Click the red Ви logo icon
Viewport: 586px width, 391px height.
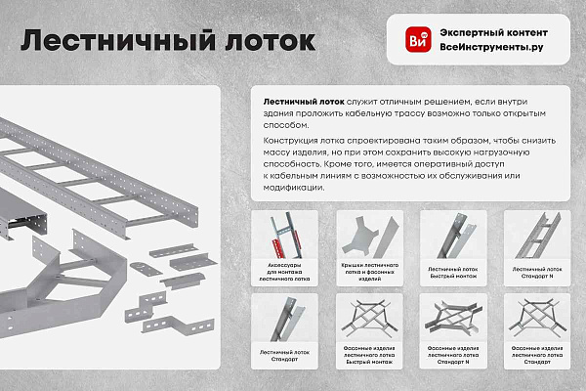pos(418,40)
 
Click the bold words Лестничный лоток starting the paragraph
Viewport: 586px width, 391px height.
pos(303,101)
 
